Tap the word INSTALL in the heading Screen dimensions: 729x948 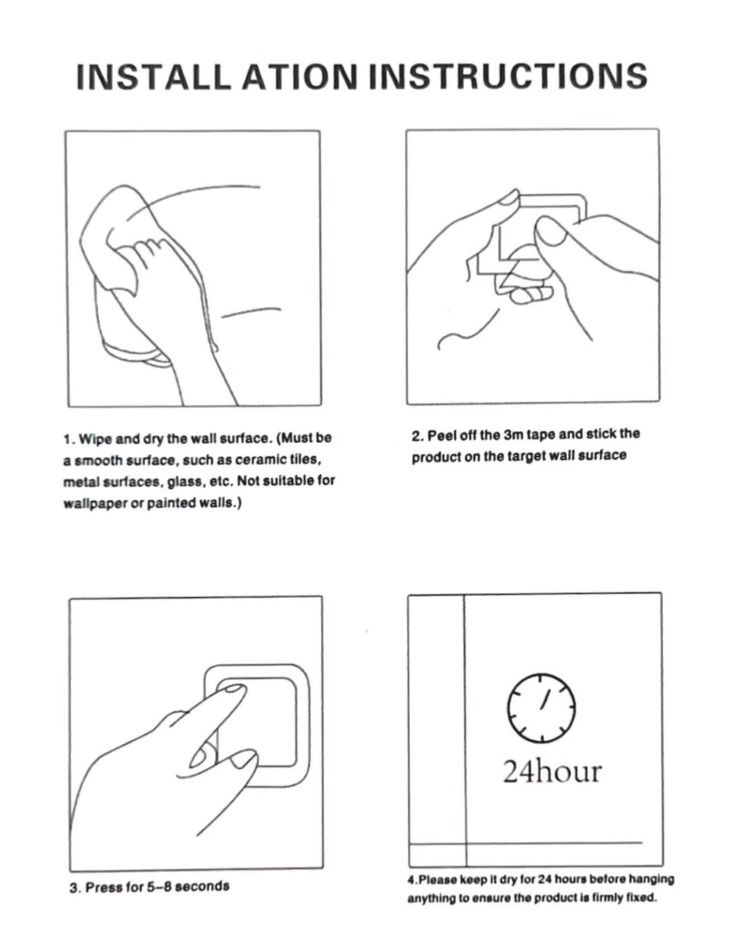pyautogui.click(x=153, y=76)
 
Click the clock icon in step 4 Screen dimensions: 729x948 pyautogui.click(x=541, y=707)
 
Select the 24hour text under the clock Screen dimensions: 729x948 pyautogui.click(x=552, y=772)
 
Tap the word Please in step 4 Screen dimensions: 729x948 pyautogui.click(x=434, y=879)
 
